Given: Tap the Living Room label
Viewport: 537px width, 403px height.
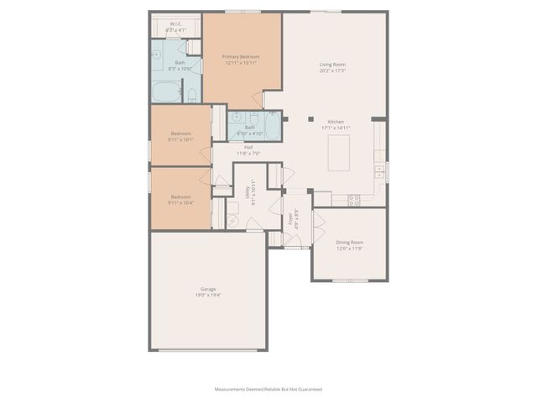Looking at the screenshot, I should pos(333,65).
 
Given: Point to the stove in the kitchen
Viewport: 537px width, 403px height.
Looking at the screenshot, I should pos(354,200).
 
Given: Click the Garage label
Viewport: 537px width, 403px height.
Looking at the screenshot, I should pos(207,289).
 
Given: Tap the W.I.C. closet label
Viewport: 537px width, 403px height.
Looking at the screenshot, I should pos(176,24).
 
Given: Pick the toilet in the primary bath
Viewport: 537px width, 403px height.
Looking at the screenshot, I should pos(191,93).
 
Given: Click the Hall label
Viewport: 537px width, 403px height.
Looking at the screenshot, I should pos(249,148).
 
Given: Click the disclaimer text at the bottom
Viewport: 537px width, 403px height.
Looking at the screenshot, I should pos(268,390).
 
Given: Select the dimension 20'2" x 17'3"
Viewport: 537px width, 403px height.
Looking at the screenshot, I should pos(333,71).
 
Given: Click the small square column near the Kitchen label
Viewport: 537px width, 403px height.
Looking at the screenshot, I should pos(310,120).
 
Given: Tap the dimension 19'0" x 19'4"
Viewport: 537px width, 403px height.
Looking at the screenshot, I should pos(207,295).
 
